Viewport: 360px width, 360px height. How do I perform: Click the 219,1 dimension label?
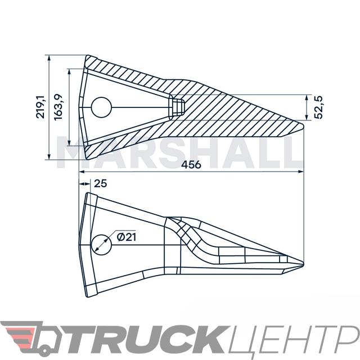pyautogui.click(x=40, y=107)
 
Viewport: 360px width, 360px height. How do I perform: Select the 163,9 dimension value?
pyautogui.click(x=58, y=107)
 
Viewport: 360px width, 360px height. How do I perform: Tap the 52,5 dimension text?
pyautogui.click(x=318, y=107)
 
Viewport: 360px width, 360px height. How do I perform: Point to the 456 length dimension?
pyautogui.click(x=191, y=165)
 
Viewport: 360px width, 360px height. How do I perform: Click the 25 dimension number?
pyautogui.click(x=101, y=183)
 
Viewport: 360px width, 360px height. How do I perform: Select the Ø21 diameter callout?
pyautogui.click(x=126, y=237)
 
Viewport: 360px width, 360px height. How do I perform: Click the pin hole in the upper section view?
pyautogui.click(x=101, y=107)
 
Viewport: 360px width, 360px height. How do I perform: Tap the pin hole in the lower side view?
pyautogui.click(x=101, y=245)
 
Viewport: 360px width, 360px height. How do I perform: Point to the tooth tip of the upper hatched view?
pyautogui.click(x=303, y=126)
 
